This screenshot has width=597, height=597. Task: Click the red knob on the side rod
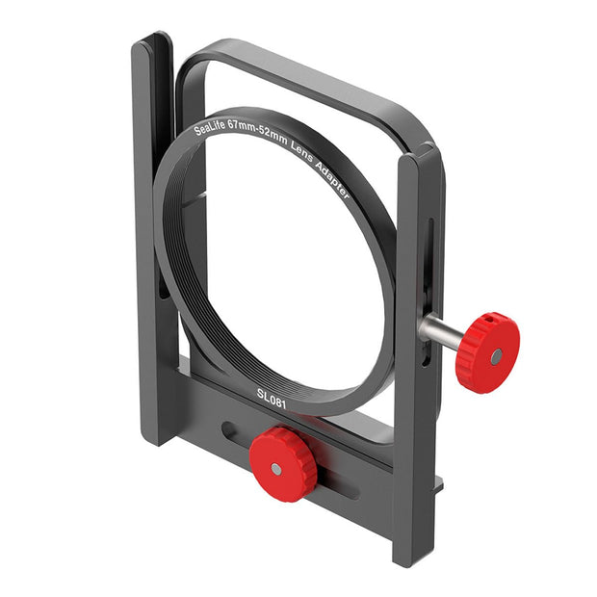pyautogui.click(x=488, y=352)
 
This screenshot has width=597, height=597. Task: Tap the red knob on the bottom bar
pyautogui.click(x=283, y=464)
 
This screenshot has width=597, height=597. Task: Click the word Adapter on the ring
pyautogui.click(x=332, y=178)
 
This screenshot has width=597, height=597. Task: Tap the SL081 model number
pyautogui.click(x=272, y=399)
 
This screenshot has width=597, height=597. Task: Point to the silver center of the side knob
pyautogui.click(x=496, y=356)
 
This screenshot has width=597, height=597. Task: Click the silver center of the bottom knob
pyautogui.click(x=276, y=469)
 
